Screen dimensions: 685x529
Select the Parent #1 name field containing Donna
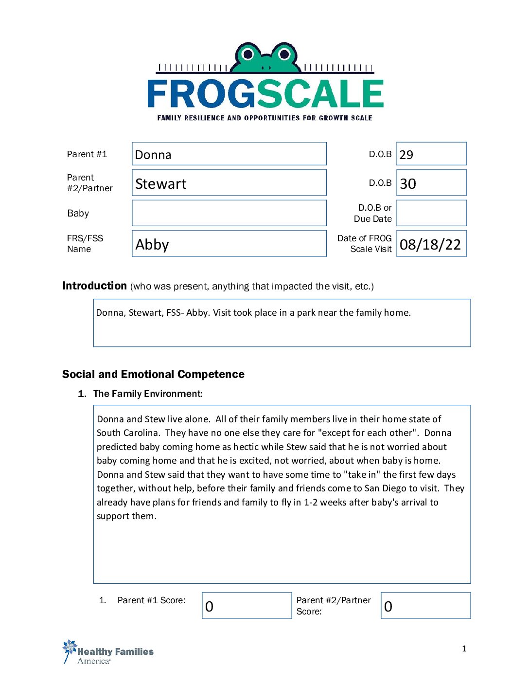(229, 154)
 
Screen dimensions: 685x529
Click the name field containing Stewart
(229, 183)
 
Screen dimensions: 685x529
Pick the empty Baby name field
(229, 213)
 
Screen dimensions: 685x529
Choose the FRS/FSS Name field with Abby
(229, 244)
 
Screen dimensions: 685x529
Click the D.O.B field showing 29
(431, 154)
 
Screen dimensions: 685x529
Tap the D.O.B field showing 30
(431, 183)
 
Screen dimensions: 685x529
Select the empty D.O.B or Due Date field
(431, 213)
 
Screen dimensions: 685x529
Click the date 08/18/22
(430, 244)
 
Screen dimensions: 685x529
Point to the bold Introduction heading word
(94, 286)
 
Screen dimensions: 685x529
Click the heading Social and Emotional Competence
(153, 374)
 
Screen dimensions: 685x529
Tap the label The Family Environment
(148, 394)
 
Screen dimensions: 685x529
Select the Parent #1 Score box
(247, 606)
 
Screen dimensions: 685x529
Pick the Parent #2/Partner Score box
(425, 606)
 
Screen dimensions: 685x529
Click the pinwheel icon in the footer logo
(70, 649)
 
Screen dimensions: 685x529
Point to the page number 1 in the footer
(464, 649)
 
